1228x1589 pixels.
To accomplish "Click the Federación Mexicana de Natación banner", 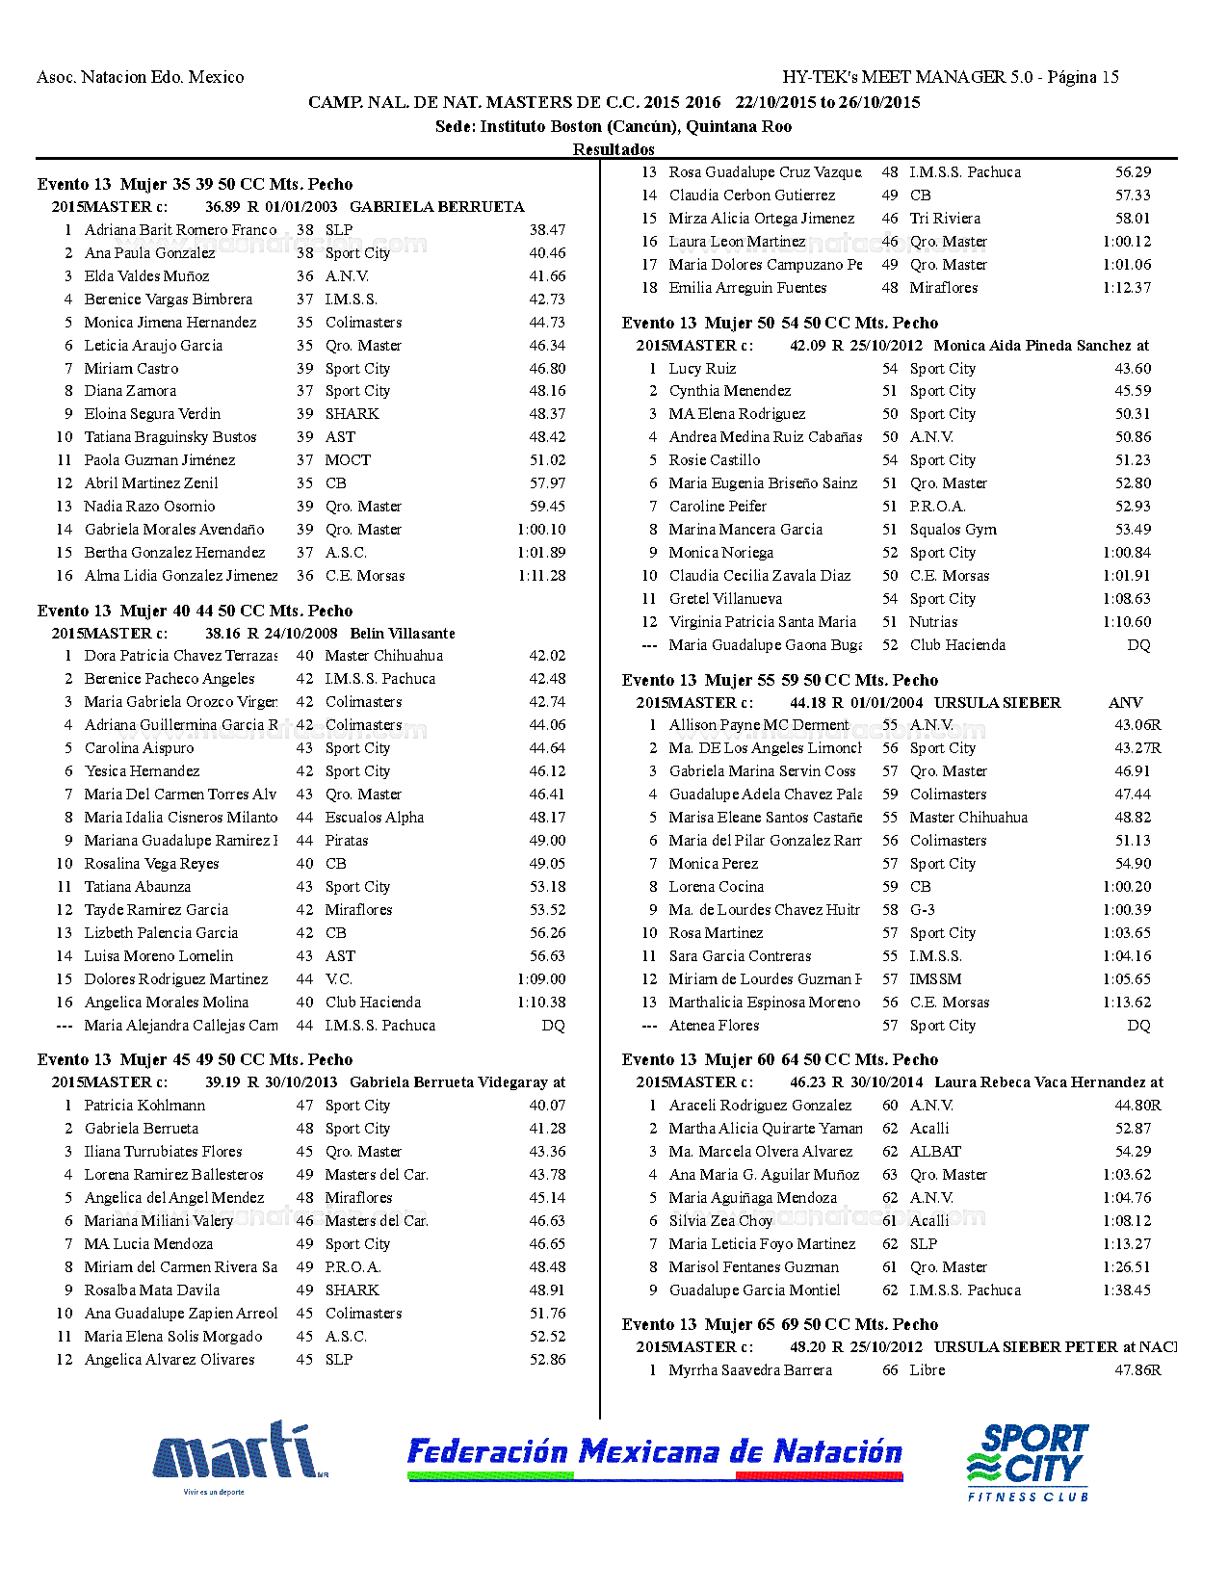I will (x=654, y=1454).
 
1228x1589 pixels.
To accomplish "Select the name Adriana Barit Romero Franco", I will (x=180, y=230).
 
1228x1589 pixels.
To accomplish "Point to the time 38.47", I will (x=547, y=230).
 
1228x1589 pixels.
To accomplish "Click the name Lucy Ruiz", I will (x=702, y=369).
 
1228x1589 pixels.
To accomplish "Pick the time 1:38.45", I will (x=1127, y=1290).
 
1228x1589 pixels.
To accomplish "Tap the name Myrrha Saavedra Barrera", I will (x=750, y=1370).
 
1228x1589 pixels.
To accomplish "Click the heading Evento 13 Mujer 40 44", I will (x=195, y=611).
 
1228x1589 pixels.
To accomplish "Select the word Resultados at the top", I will (x=614, y=149).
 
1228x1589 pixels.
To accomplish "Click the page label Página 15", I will (x=1084, y=77).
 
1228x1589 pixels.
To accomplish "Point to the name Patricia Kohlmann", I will (x=144, y=1106).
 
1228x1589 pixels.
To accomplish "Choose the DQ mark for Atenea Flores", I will (x=1138, y=1026).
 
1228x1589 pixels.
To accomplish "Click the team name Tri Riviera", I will (x=945, y=219).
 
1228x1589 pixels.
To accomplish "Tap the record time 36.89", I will (x=222, y=207).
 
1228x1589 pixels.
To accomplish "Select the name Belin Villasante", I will (x=403, y=634).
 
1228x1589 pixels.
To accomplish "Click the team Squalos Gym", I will (x=953, y=530).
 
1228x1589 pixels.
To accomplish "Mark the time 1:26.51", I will (x=1127, y=1267).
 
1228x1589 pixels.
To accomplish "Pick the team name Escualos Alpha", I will (x=374, y=818).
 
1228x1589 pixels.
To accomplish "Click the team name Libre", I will (x=928, y=1370).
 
